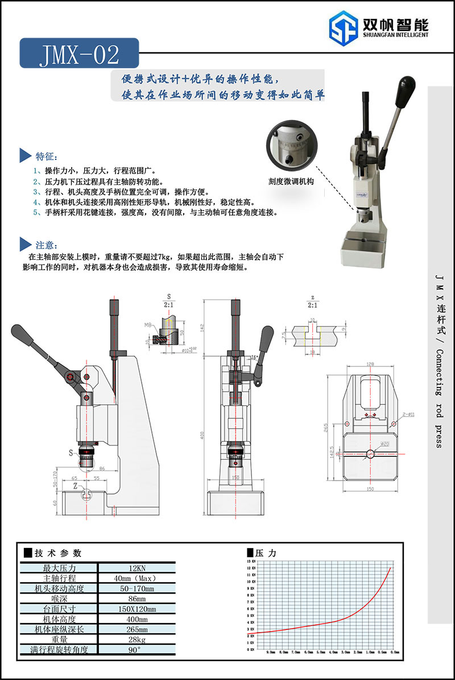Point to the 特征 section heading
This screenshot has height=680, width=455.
46,156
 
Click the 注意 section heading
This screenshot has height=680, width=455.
46,245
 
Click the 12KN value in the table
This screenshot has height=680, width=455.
136,568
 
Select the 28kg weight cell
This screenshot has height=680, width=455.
136,640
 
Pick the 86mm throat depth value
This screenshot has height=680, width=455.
136,599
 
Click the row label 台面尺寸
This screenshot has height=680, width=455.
59,609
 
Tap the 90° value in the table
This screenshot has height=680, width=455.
136,650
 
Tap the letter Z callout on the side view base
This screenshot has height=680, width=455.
76,487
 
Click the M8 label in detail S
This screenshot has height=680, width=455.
148,325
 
